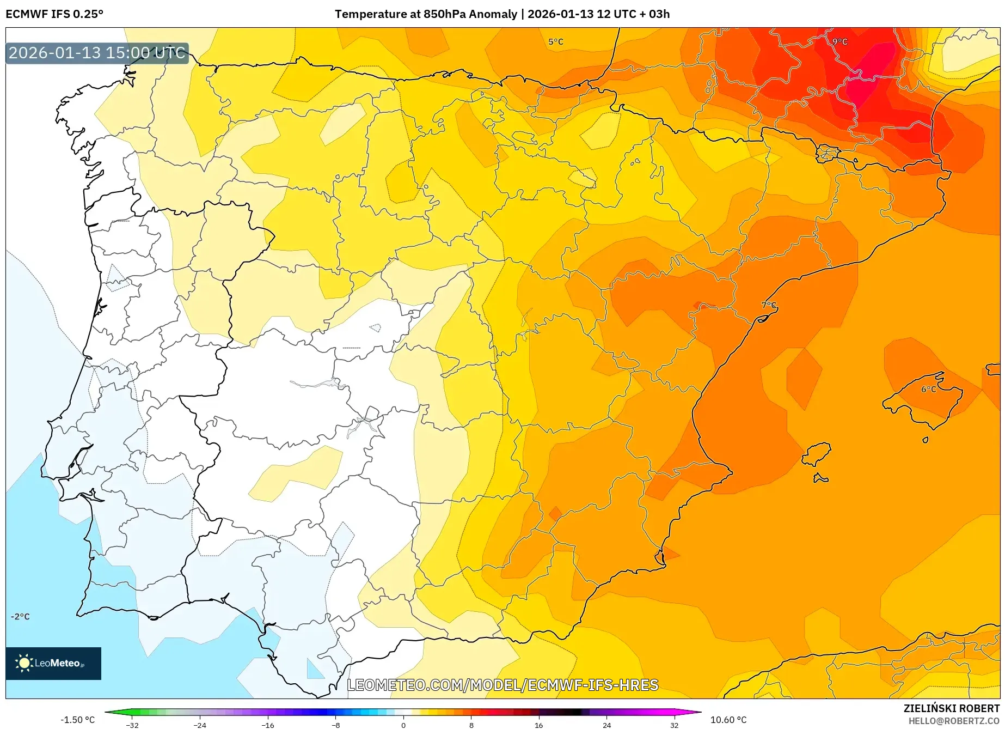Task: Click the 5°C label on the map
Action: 555,42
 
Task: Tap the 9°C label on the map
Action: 839,42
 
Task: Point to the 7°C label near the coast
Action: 769,305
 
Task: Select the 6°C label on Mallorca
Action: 928,390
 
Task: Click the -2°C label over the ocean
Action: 20,617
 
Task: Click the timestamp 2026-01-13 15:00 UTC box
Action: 97,53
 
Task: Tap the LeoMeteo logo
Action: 53,663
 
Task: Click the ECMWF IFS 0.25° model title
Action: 54,14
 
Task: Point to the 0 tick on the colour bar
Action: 403,725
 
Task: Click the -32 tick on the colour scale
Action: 132,725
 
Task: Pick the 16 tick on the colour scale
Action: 538,725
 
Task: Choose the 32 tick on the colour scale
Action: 674,725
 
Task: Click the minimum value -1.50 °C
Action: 77,720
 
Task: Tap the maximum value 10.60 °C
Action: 728,720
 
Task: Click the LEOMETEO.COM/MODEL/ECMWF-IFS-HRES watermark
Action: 502,685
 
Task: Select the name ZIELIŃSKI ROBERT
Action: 951,708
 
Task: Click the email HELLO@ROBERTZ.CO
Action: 953,721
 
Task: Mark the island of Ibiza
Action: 817,454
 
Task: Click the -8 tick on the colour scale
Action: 336,725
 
